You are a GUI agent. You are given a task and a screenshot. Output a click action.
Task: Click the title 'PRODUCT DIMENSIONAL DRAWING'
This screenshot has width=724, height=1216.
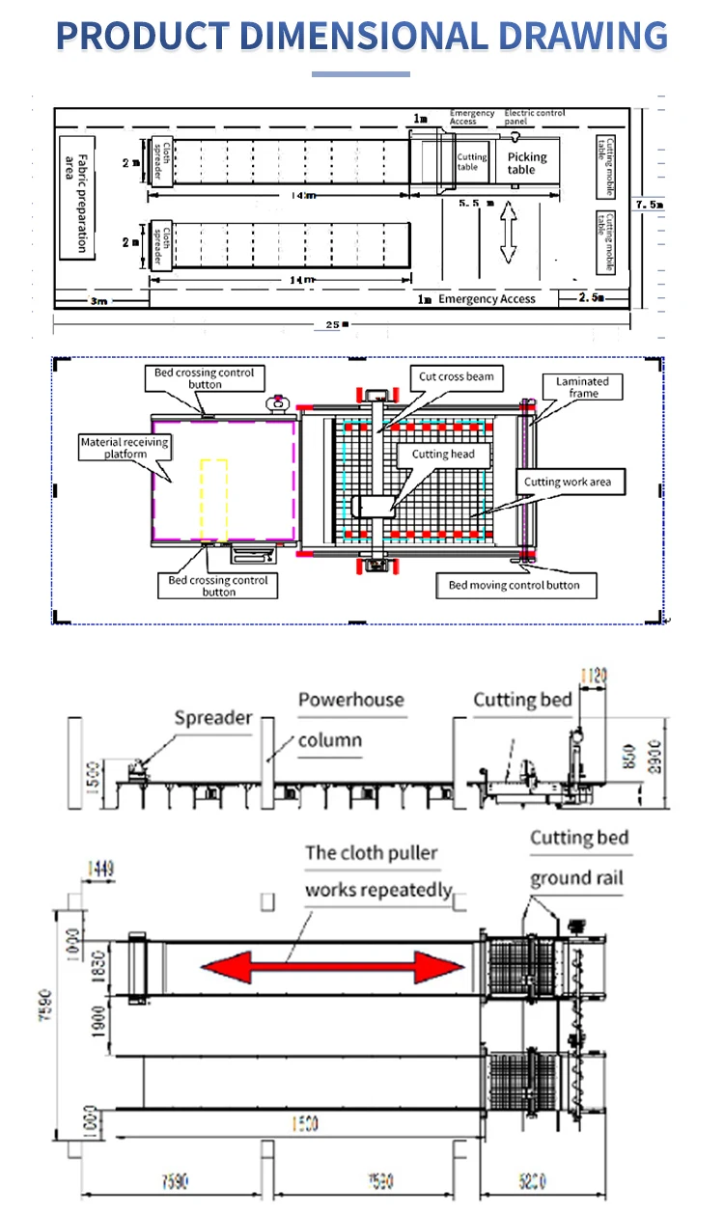click(362, 36)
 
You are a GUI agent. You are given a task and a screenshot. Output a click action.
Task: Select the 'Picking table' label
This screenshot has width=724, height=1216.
click(526, 163)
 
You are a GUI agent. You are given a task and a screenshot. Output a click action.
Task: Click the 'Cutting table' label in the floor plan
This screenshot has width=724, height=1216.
click(472, 162)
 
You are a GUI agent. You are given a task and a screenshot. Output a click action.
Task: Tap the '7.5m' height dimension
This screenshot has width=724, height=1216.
click(649, 205)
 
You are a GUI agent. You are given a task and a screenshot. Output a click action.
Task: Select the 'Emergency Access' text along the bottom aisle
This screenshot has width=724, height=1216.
click(487, 299)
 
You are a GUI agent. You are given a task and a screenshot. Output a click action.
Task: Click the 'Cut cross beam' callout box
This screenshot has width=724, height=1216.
click(456, 376)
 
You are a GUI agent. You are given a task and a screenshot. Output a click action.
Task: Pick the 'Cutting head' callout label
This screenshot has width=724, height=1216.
click(443, 454)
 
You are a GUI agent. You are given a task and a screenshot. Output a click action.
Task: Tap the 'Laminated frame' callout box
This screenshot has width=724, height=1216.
click(583, 387)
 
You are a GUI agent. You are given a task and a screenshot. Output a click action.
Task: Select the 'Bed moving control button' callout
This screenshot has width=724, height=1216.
click(514, 585)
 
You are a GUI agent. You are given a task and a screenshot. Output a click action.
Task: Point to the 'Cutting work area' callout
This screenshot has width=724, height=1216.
click(567, 482)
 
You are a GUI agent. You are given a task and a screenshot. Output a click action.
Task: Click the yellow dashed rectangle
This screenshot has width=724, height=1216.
click(214, 502)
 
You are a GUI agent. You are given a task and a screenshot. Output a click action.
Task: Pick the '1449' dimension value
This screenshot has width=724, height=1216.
click(99, 870)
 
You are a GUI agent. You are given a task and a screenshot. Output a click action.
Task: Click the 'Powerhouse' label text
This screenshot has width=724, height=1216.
click(350, 700)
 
